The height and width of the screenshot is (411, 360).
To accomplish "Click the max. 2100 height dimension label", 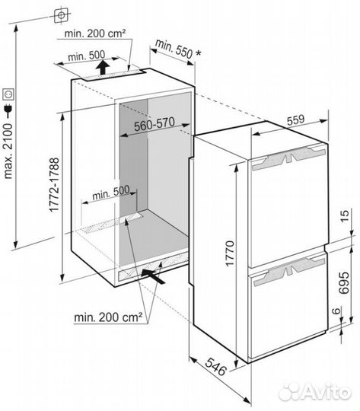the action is (x=8, y=151).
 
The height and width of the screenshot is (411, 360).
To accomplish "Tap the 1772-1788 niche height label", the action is (x=54, y=184).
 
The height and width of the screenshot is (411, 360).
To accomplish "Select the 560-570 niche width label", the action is (x=155, y=124).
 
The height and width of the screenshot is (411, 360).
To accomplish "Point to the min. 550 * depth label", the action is (x=178, y=49).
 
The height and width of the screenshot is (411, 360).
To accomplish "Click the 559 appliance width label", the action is (x=296, y=119).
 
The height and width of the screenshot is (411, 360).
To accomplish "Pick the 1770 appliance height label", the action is (x=229, y=253).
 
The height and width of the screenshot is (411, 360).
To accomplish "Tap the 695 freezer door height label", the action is (x=344, y=282).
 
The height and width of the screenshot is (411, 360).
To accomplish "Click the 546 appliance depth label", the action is (x=215, y=366).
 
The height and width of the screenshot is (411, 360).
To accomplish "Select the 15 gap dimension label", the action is (x=344, y=215).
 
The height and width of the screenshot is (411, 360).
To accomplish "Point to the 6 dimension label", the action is (x=336, y=311).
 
